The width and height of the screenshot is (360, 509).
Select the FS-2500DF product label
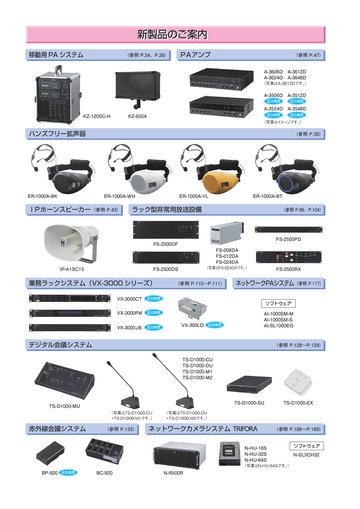166,244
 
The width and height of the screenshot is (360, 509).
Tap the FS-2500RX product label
287,269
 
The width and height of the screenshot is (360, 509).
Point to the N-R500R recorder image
174,451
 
